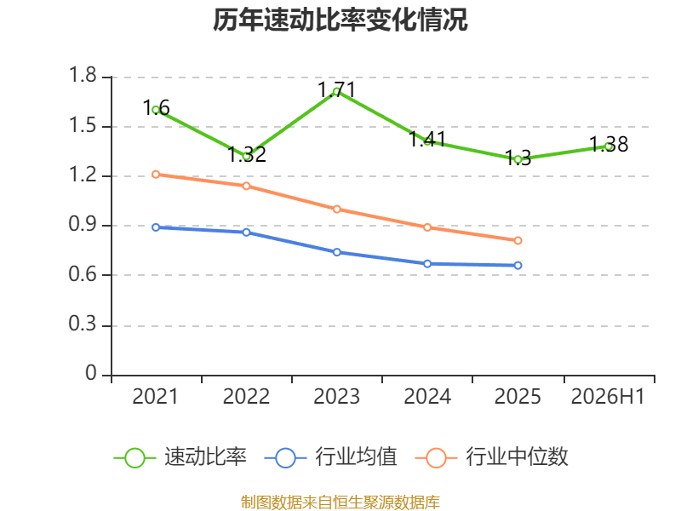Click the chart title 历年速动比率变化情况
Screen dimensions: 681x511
pos(340,20)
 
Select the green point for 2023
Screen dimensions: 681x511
pos(336,92)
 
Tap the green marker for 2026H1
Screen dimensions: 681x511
pos(609,146)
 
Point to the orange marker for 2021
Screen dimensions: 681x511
pos(156,175)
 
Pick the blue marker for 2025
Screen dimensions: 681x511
pos(518,266)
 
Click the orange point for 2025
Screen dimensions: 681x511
pos(518,241)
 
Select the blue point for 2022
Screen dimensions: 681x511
pos(246,233)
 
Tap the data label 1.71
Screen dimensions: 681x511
pos(336,90)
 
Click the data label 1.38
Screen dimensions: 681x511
pos(609,144)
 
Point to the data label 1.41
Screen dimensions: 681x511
pos(427,139)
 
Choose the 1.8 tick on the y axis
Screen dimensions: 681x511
pos(83,75)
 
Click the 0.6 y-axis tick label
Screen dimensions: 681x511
pos(83,274)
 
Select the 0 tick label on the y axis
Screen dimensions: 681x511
pos(91,373)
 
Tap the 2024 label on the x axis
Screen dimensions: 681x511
pos(427,396)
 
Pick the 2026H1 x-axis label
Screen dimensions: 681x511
pos(608,396)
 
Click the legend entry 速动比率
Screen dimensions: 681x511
pos(180,457)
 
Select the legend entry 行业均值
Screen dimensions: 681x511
pos(330,457)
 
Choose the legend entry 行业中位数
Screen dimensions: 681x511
pos(492,457)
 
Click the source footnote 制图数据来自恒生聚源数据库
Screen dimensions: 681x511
pos(340,502)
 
